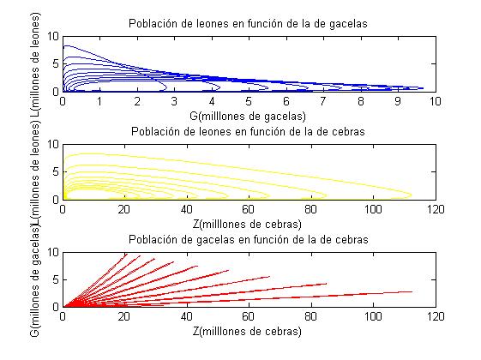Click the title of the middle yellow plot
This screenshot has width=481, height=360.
click(x=249, y=131)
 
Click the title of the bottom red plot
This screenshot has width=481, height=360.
click(x=249, y=239)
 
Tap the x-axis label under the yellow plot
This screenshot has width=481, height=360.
click(x=249, y=221)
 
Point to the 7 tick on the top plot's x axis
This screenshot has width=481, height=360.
click(x=323, y=100)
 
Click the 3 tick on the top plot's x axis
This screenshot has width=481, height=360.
click(x=174, y=100)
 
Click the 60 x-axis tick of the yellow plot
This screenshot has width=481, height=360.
click(x=249, y=208)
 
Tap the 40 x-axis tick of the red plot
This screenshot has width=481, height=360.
click(x=187, y=316)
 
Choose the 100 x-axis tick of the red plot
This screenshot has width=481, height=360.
click(x=373, y=316)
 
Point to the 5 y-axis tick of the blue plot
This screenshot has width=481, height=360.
click(x=56, y=63)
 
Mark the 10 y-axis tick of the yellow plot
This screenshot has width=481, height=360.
click(x=53, y=144)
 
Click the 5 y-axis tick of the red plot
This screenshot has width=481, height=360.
click(x=56, y=279)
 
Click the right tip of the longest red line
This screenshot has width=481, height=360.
click(x=412, y=291)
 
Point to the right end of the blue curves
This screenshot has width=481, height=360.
click(x=424, y=87)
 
